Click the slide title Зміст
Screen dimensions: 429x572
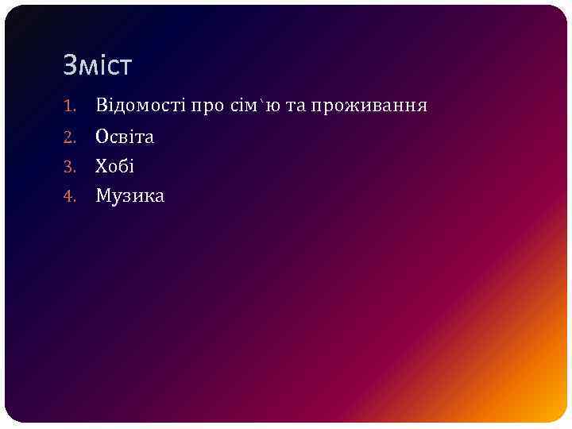click(97, 65)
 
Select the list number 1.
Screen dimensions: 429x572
click(69, 106)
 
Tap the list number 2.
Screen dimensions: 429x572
click(69, 137)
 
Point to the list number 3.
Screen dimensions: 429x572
click(69, 167)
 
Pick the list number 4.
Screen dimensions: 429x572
click(69, 196)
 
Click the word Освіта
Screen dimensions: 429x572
click(125, 137)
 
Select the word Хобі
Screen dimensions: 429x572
click(115, 166)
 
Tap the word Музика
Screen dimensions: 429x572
click(130, 196)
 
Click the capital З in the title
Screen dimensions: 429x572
click(70, 65)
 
